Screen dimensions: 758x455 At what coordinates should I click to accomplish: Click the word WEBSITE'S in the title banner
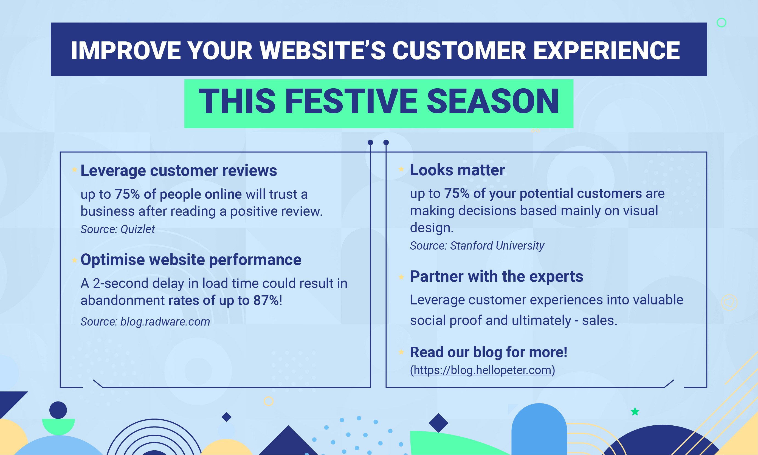click(x=323, y=50)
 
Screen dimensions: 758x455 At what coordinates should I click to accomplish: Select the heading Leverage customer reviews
click(x=179, y=171)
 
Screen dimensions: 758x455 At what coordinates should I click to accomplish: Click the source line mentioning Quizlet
click(x=117, y=229)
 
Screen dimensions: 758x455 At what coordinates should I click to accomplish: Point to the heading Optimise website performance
click(x=191, y=260)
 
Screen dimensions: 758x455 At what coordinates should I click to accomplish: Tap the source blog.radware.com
click(x=145, y=322)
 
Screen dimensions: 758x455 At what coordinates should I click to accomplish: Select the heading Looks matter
click(x=457, y=170)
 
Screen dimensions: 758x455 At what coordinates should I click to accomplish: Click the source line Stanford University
click(x=477, y=245)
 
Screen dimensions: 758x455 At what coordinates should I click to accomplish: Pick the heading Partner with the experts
click(x=497, y=276)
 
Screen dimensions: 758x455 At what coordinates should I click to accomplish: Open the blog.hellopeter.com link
click(x=482, y=370)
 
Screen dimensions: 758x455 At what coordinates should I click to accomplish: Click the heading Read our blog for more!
click(x=489, y=352)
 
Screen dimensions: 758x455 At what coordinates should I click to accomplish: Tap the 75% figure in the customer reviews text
click(x=127, y=194)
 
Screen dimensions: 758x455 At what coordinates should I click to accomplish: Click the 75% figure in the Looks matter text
click(x=457, y=193)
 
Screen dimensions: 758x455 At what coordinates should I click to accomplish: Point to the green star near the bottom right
click(x=635, y=411)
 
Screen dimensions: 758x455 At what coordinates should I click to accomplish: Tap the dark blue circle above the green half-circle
click(x=58, y=410)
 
